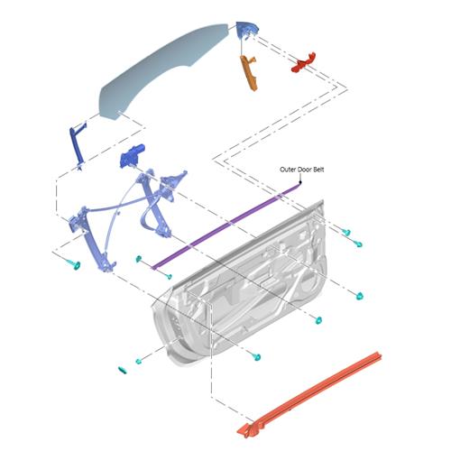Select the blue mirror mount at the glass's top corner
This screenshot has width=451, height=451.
(x=246, y=29)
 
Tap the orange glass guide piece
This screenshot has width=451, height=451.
(x=249, y=72)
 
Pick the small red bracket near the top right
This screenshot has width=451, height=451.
(x=304, y=62)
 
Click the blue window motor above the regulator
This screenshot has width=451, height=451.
(x=132, y=156)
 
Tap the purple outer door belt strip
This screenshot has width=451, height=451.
(x=225, y=225)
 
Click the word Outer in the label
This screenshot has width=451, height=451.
(x=288, y=170)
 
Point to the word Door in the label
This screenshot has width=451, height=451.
(x=304, y=170)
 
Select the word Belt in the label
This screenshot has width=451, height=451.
(x=318, y=170)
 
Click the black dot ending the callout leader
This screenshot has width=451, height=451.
(x=299, y=182)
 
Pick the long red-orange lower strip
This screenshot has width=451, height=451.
(x=309, y=394)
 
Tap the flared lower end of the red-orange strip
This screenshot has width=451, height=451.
(x=247, y=430)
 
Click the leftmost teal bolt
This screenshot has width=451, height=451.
(x=74, y=264)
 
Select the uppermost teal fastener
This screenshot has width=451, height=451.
(x=346, y=232)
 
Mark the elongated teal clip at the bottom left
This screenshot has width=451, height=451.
(x=123, y=371)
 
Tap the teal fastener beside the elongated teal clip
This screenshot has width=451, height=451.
(x=139, y=361)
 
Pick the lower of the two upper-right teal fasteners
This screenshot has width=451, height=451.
(x=358, y=244)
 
